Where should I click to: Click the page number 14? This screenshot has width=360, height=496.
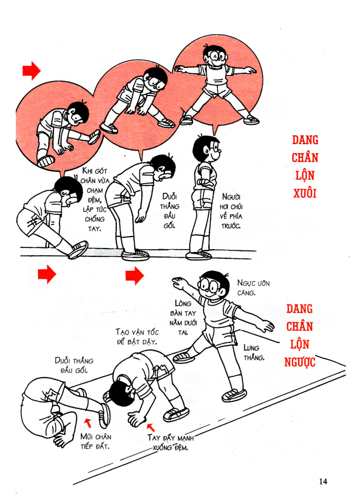tap(323, 480)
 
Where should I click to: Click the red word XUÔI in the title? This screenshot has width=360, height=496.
tap(305, 193)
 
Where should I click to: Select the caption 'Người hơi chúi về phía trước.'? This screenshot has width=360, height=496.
tap(230, 211)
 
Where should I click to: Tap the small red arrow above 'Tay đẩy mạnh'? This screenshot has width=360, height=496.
tap(149, 427)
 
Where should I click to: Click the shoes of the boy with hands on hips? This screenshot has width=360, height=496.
tap(199, 255)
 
